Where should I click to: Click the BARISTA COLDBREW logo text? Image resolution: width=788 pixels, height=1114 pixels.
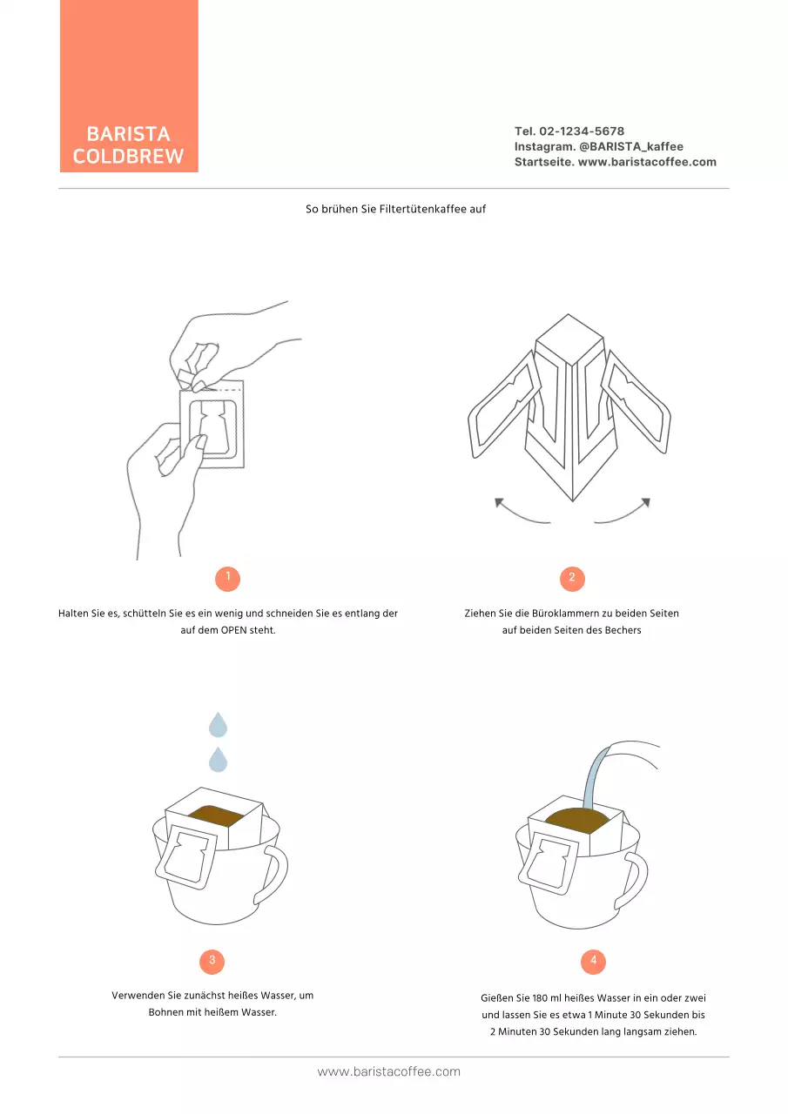[128, 144]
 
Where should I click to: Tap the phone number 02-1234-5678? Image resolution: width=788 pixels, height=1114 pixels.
[582, 131]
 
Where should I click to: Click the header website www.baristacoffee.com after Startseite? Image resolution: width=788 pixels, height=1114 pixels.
[647, 162]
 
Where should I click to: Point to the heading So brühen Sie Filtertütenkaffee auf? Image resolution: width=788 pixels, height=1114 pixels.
[395, 209]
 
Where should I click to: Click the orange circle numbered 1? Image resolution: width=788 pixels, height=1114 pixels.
[228, 579]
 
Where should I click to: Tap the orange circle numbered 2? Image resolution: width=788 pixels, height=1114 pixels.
[572, 579]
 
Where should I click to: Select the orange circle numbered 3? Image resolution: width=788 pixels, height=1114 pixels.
[212, 962]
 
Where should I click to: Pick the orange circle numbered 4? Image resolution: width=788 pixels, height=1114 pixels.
[593, 962]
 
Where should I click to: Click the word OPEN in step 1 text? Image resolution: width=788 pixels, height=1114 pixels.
[234, 630]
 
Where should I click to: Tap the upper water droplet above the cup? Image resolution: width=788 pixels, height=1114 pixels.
[218, 726]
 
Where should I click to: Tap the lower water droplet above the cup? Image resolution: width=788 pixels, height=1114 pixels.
[218, 761]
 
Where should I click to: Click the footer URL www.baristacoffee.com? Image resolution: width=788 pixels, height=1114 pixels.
[389, 1071]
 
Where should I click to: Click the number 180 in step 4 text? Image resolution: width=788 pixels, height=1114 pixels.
[540, 997]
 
